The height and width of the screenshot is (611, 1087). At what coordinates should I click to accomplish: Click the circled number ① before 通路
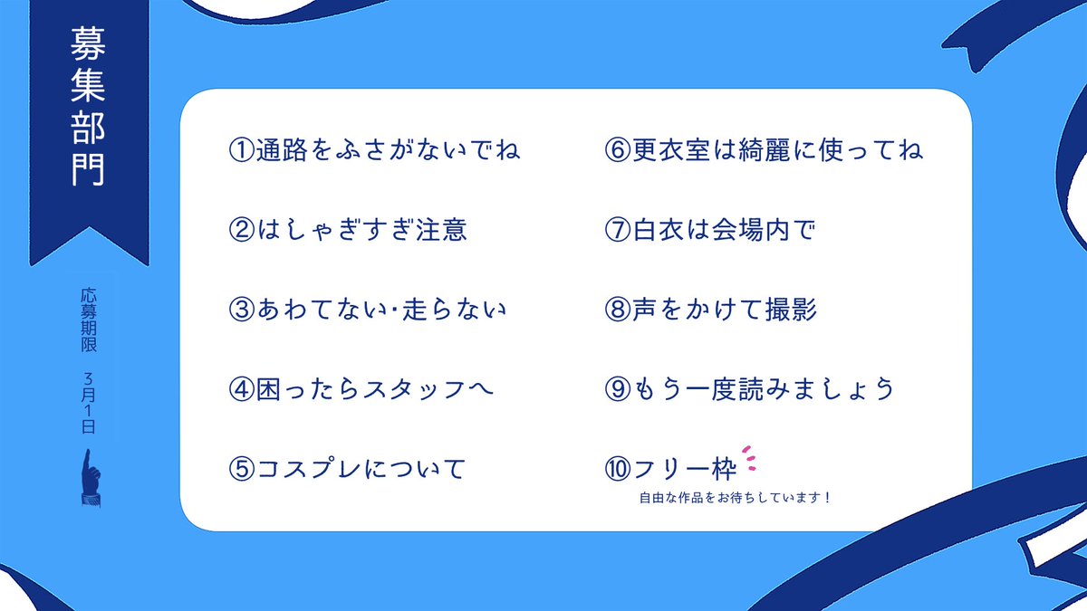(x=240, y=150)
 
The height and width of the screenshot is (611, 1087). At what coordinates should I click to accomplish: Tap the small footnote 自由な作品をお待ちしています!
(x=735, y=497)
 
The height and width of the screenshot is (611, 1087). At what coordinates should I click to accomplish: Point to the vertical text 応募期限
(x=88, y=320)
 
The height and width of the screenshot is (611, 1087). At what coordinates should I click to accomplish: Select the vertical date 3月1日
(x=88, y=403)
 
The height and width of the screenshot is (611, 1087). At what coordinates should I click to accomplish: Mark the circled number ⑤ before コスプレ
(x=240, y=469)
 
